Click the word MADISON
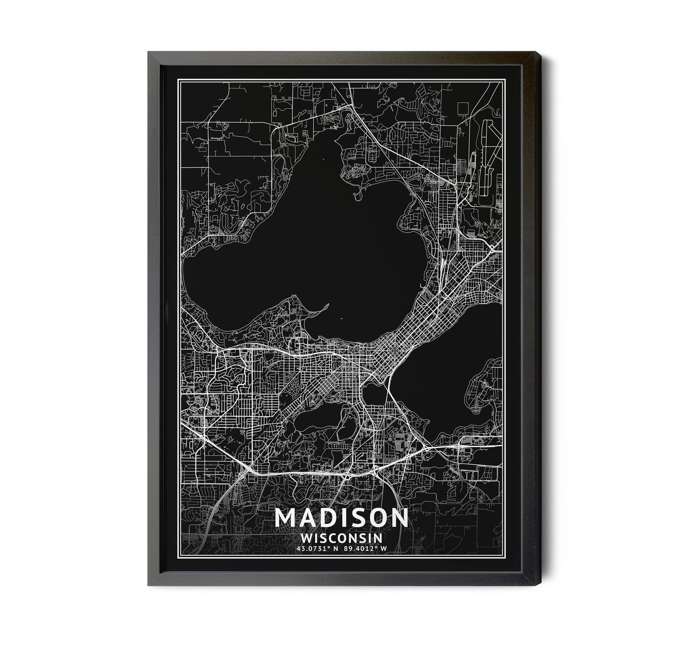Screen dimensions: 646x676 tap(341, 517)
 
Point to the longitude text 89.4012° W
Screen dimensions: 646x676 tap(365, 548)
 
